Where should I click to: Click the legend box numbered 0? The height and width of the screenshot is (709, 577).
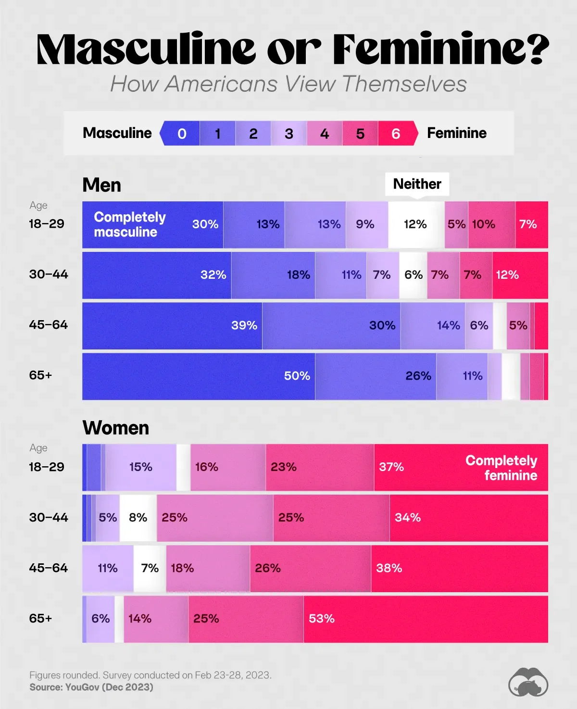click(181, 134)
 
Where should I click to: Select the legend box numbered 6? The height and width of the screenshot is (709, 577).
click(396, 134)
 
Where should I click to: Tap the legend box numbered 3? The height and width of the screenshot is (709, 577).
click(289, 134)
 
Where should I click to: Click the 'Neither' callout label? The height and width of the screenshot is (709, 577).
click(417, 184)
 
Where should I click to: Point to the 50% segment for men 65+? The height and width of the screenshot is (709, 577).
click(199, 376)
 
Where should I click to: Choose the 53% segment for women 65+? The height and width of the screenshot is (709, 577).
click(426, 619)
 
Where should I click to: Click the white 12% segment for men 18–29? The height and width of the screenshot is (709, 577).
click(416, 224)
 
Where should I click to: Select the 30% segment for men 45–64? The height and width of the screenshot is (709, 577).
click(331, 326)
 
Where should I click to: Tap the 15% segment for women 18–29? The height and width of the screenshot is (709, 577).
click(141, 467)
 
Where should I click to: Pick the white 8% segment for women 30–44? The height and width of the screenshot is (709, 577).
click(138, 518)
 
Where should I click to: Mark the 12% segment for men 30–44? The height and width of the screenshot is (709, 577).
click(520, 275)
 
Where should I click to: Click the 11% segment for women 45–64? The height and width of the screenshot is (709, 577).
click(108, 569)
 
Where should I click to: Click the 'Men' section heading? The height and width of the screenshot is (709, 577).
click(101, 185)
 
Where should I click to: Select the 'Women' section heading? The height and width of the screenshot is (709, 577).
click(116, 428)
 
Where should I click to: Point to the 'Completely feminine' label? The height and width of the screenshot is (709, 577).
click(502, 468)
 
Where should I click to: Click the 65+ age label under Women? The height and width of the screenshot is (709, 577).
click(40, 618)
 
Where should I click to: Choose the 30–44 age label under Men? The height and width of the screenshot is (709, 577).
click(49, 274)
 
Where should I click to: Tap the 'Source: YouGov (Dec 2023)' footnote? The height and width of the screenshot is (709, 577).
click(91, 687)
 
